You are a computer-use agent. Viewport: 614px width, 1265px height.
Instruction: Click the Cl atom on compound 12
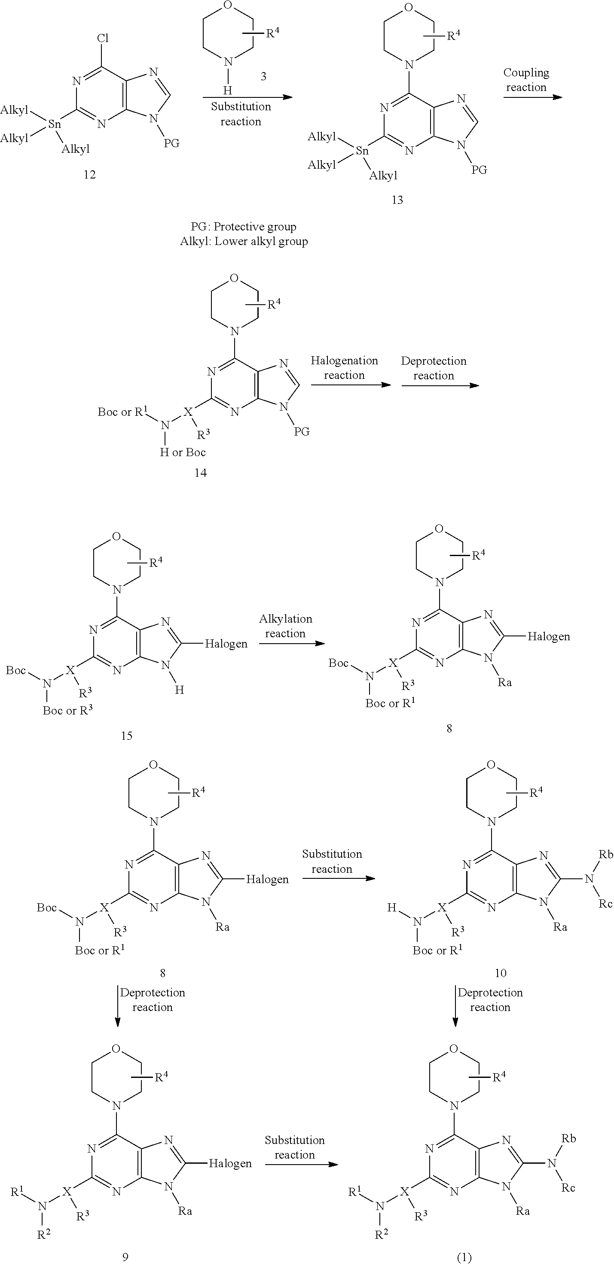tap(102, 38)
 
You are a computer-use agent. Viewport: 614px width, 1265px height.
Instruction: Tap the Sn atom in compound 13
tap(362, 151)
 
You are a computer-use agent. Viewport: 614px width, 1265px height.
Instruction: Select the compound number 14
tap(201, 472)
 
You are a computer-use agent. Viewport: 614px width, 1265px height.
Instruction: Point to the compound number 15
tap(126, 735)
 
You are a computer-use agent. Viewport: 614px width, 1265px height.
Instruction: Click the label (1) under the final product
tap(464, 1257)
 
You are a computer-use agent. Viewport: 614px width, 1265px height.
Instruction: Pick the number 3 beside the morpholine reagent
tap(263, 76)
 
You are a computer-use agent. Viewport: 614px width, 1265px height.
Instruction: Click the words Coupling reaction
tap(526, 79)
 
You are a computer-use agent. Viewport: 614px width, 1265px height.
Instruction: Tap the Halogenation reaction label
tap(344, 368)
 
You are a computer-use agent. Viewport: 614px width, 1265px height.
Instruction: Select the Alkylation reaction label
tap(286, 626)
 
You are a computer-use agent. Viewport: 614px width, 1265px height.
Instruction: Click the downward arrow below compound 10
tap(455, 1006)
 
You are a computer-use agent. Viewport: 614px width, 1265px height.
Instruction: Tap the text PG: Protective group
tap(243, 227)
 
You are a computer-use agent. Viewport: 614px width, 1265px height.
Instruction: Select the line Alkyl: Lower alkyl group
tap(244, 241)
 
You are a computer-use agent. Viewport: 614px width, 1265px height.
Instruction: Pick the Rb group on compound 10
tap(606, 854)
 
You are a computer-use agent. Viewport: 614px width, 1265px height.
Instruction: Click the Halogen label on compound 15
tap(226, 643)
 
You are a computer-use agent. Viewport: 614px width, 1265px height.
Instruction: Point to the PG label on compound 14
tap(302, 431)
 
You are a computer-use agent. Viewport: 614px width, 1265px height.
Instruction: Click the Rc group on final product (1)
tap(568, 1188)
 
